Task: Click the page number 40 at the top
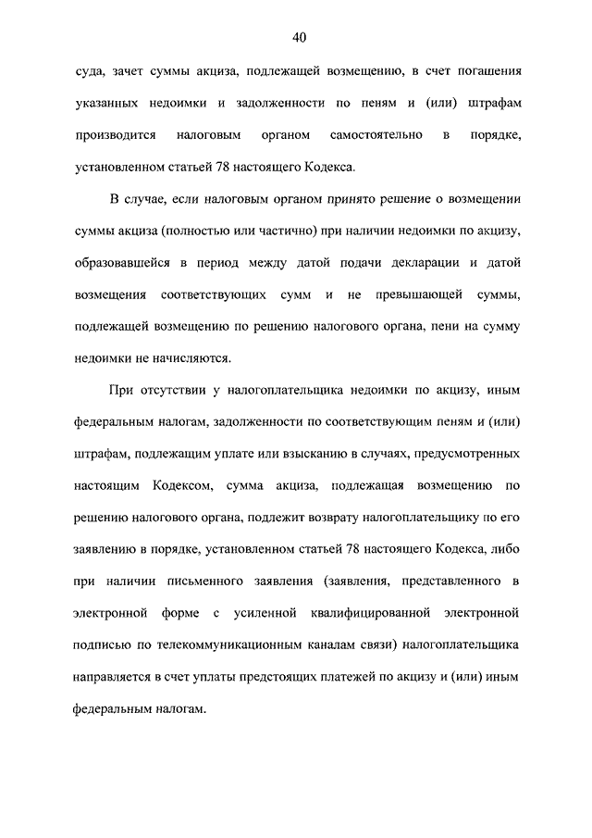click(x=298, y=38)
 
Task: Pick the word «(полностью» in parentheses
click(x=205, y=231)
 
